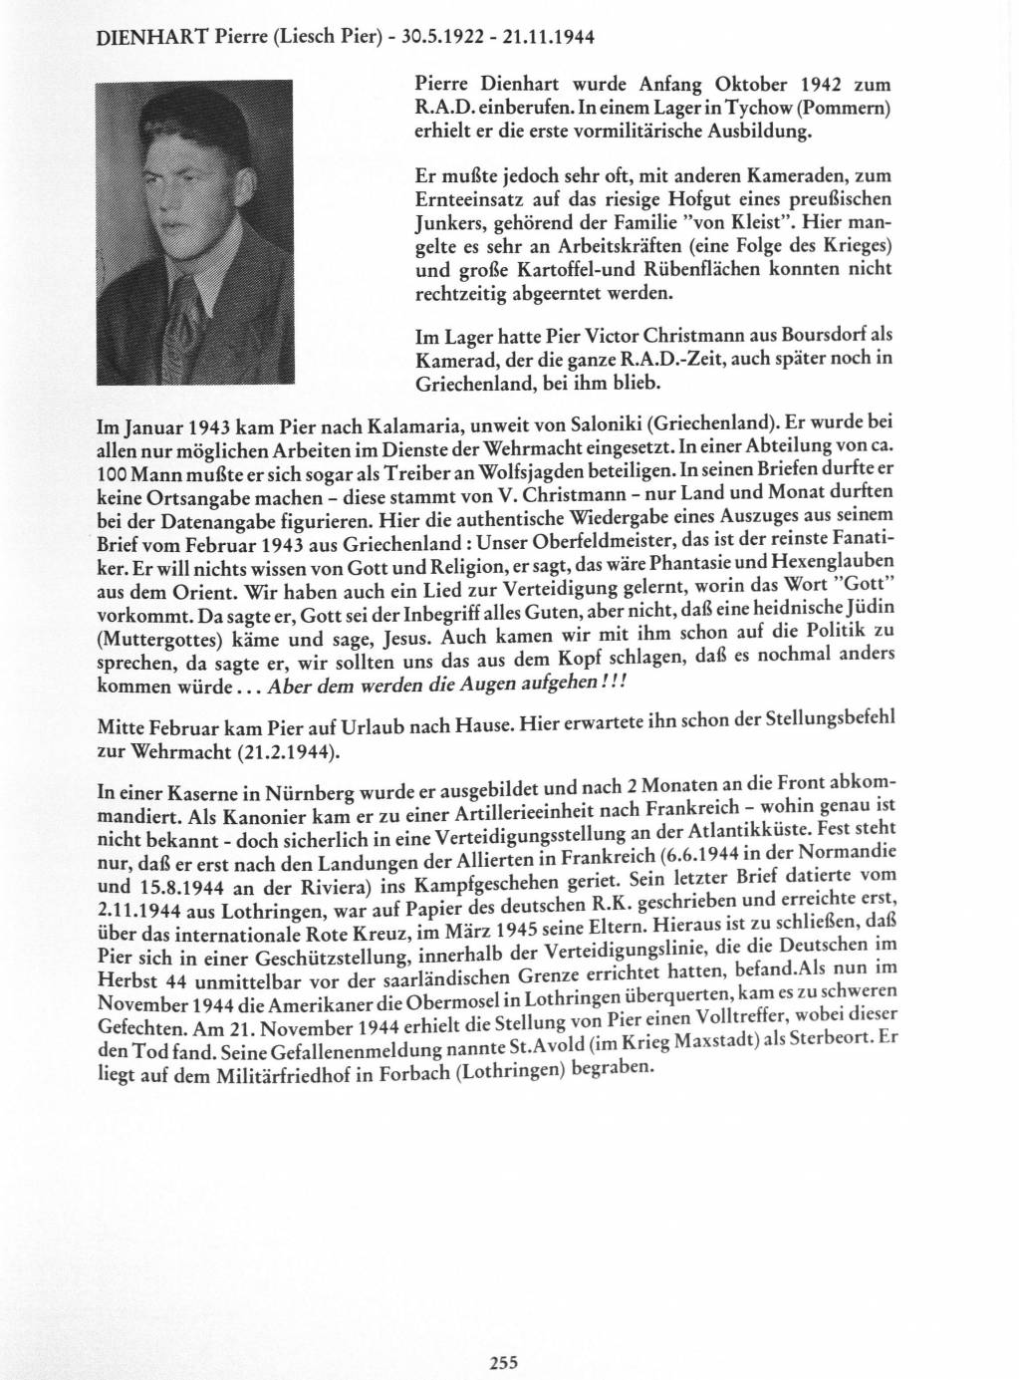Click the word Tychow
(760, 107)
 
